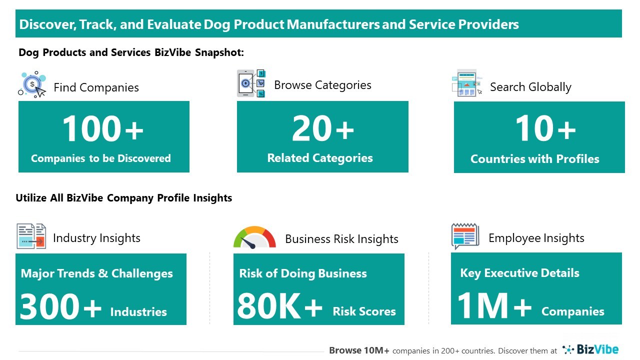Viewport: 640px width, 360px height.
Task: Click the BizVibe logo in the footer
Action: (x=590, y=349)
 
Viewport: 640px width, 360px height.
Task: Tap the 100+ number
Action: (x=103, y=128)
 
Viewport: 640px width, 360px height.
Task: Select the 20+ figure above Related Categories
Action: (x=323, y=128)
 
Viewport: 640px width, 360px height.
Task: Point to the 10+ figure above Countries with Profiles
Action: (x=545, y=128)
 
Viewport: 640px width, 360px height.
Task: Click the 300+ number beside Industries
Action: (x=60, y=306)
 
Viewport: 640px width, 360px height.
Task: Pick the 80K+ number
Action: (x=279, y=306)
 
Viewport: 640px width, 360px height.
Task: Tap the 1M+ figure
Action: (x=494, y=305)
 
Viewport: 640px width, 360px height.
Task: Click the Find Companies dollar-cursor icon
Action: (x=32, y=84)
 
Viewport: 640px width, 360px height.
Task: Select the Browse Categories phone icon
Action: (x=251, y=83)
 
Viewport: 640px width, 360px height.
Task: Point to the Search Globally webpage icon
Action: (x=467, y=83)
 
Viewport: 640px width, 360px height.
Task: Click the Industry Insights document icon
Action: (x=31, y=236)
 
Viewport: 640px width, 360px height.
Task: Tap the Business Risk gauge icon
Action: (x=254, y=237)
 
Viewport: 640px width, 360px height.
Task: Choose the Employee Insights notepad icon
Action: (x=465, y=236)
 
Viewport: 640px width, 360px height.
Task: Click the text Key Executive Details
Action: (x=519, y=273)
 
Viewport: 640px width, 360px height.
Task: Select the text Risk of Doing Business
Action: (x=303, y=273)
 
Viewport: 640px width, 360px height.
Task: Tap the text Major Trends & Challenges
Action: (x=97, y=273)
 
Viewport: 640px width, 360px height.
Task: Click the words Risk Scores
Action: (x=364, y=311)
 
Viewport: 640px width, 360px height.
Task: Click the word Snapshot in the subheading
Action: (x=219, y=52)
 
